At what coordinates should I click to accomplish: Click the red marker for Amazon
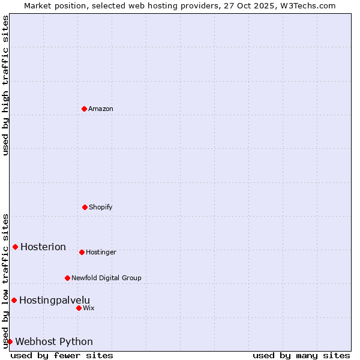(x=84, y=109)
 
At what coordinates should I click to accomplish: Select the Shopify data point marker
(x=85, y=207)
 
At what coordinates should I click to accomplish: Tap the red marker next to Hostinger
(x=82, y=252)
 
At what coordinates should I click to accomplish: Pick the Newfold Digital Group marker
(x=67, y=278)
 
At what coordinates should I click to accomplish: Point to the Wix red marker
(x=79, y=308)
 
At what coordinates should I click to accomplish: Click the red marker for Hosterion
(x=15, y=247)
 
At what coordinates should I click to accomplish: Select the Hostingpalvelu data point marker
(x=14, y=300)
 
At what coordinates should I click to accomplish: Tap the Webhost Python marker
(x=10, y=341)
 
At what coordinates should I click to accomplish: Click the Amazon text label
(x=101, y=109)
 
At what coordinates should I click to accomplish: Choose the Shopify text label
(x=101, y=207)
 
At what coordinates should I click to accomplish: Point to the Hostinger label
(x=101, y=252)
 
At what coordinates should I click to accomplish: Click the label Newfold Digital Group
(x=106, y=278)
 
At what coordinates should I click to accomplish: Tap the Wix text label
(x=89, y=308)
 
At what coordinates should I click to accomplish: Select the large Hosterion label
(x=43, y=247)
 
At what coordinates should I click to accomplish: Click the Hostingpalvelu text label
(x=55, y=300)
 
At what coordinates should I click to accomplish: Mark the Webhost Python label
(x=54, y=341)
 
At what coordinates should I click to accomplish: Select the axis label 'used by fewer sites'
(x=62, y=355)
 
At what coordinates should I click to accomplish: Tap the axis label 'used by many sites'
(x=301, y=355)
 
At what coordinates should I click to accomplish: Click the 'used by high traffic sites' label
(x=5, y=86)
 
